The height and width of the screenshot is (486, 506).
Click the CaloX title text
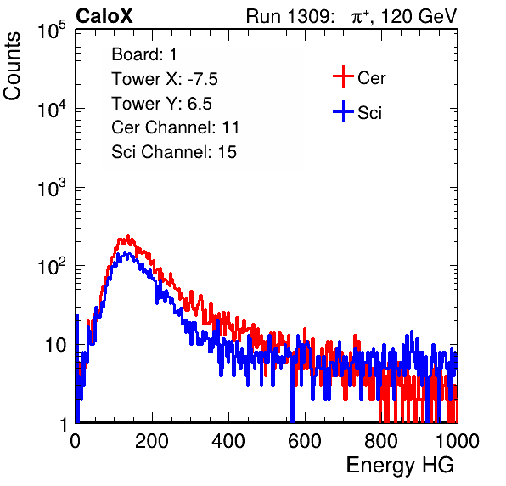104,16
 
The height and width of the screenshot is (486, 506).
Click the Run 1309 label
290,16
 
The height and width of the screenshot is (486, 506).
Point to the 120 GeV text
419,16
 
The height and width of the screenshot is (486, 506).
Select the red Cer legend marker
343,76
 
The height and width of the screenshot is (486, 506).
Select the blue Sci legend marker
343,112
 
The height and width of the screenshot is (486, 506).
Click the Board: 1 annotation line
144,54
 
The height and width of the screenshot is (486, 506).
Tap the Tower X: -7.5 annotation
165,79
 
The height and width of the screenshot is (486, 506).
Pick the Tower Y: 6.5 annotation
161,104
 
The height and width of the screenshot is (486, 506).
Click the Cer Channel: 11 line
175,127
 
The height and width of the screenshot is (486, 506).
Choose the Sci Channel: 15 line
174,152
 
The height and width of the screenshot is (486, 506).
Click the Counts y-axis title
12,65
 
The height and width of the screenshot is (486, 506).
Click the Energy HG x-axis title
400,465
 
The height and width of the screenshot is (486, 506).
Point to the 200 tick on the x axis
152,441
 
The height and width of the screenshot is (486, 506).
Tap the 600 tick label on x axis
305,441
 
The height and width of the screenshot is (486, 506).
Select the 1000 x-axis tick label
458,441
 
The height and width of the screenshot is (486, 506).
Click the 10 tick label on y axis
55,345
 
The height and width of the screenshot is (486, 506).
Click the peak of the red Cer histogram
128,235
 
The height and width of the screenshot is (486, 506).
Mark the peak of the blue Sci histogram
128,253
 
